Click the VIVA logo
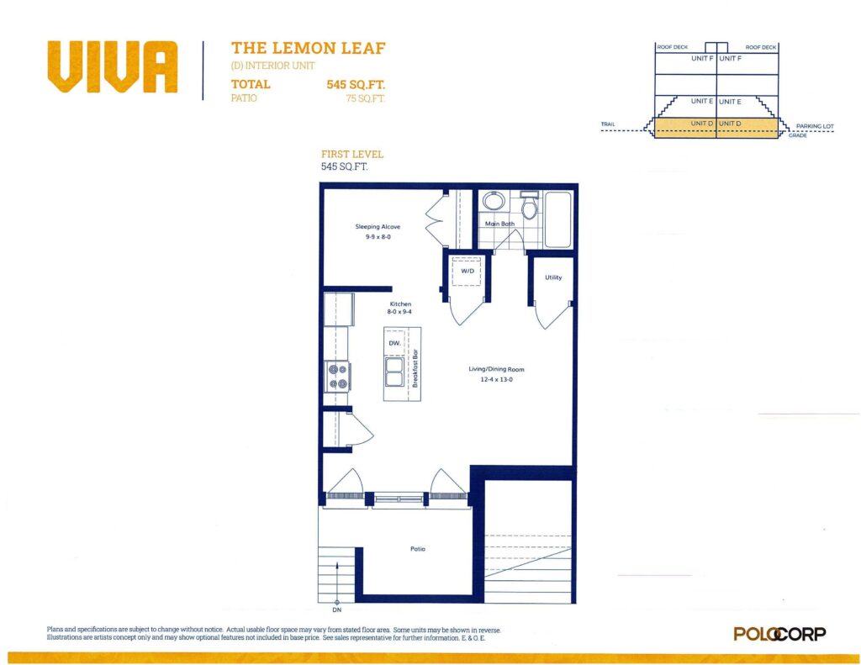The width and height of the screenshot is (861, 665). point(113,66)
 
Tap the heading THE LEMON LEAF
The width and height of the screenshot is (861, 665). point(308,48)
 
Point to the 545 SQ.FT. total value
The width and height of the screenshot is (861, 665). point(356,85)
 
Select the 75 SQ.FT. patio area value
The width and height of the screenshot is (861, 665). point(365,98)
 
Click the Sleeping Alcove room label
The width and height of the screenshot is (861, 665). point(378,227)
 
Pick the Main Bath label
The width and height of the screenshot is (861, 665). point(499,224)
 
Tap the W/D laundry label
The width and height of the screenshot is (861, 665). point(467,272)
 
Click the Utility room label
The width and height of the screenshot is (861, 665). point(553,277)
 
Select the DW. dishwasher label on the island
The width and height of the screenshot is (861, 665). point(395,343)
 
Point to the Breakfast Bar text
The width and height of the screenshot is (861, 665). point(415,368)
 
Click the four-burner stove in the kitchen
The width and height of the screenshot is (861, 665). point(337,377)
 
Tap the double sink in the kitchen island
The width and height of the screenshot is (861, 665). point(394,372)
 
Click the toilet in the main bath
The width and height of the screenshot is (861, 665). point(530,206)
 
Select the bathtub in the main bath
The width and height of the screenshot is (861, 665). point(558,219)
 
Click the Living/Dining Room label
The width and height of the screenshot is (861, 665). point(496,370)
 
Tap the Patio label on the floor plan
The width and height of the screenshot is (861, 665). point(418,549)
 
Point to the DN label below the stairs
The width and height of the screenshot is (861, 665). point(336,610)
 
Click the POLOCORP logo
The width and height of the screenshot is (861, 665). point(779,634)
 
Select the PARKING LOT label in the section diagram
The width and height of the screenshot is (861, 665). point(815,126)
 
